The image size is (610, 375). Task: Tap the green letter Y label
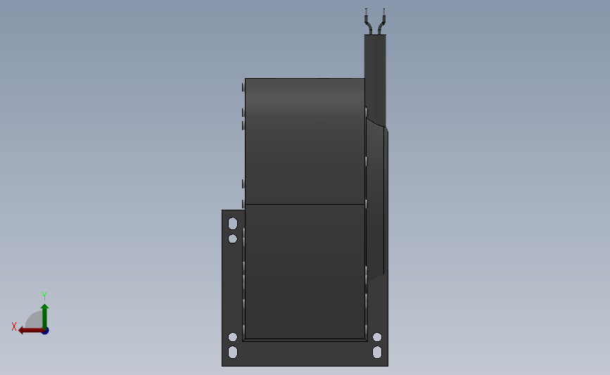coord(44,296)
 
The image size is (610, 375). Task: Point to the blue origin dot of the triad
coord(45,331)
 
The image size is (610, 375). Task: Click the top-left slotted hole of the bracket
coord(233,224)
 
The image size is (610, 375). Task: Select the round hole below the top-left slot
coord(233,239)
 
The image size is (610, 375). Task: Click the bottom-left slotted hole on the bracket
coord(233,352)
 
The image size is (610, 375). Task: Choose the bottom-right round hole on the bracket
coord(377,337)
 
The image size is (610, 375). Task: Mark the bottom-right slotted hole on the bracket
coord(377,352)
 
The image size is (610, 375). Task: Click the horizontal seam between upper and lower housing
coord(305,205)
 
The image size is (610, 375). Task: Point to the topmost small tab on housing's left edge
coord(243,87)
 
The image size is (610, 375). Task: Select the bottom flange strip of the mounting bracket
coord(305,353)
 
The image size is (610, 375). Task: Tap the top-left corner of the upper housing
coord(246,79)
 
